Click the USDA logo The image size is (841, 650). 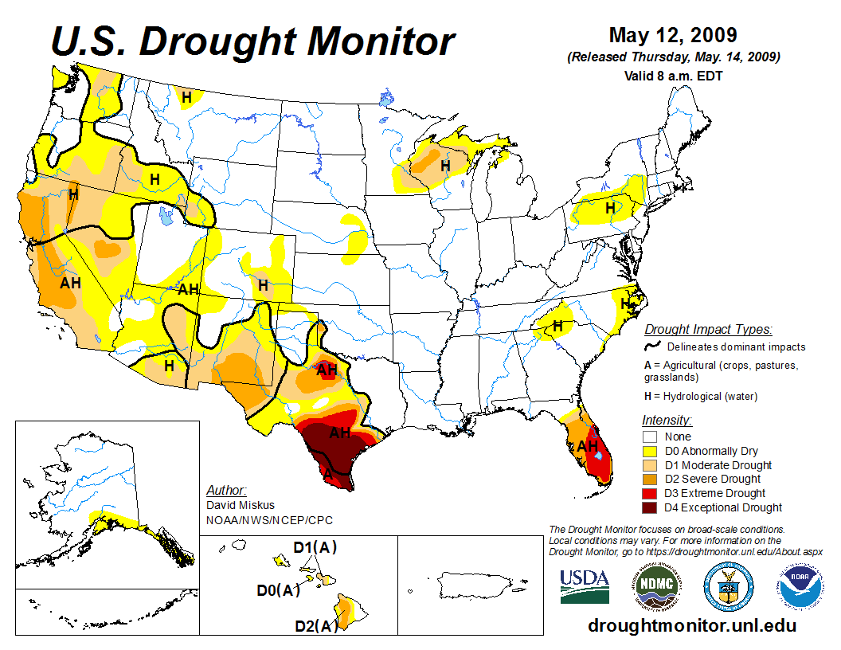[585, 586]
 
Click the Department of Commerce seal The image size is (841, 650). [728, 586]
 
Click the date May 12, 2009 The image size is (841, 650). [673, 36]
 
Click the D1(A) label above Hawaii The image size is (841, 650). [315, 549]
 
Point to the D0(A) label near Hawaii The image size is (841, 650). [278, 590]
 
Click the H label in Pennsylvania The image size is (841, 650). [610, 208]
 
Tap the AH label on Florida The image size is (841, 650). [587, 446]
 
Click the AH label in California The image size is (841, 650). [70, 282]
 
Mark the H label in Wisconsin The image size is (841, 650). [446, 166]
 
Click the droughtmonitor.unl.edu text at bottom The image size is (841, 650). [692, 625]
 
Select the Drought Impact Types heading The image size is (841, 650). [708, 329]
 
